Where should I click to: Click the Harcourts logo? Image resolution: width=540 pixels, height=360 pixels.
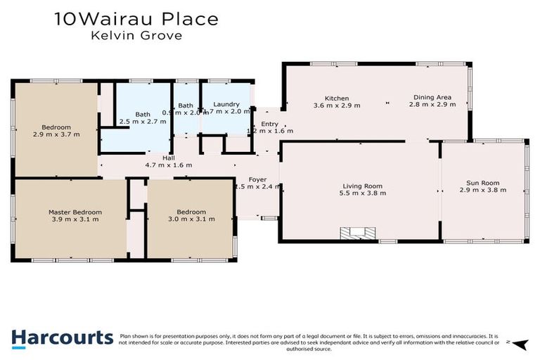click(62, 338)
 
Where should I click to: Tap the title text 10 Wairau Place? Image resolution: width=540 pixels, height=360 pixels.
click(136, 19)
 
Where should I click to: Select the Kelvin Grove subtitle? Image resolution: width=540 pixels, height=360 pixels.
click(136, 36)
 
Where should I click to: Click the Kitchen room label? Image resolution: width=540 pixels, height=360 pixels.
click(336, 98)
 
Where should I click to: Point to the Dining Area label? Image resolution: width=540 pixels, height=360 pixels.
click(432, 97)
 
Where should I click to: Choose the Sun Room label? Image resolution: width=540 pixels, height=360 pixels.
click(483, 182)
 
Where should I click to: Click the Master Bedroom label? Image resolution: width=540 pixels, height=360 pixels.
click(75, 212)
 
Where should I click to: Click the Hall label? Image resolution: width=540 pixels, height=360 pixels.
click(169, 158)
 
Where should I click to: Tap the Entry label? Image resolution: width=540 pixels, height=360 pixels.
click(269, 124)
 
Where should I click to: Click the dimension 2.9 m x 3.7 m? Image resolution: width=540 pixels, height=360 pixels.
click(56, 134)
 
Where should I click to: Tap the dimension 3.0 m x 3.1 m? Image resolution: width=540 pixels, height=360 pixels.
click(191, 219)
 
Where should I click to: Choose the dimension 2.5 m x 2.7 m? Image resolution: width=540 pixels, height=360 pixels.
click(143, 122)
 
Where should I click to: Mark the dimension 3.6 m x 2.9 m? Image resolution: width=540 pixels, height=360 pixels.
click(336, 105)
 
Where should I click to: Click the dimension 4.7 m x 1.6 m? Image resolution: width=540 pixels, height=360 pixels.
click(169, 165)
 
